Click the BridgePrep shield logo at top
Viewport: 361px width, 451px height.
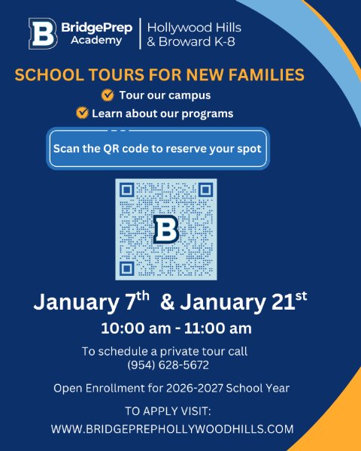click(42, 34)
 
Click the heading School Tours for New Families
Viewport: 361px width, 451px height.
click(159, 75)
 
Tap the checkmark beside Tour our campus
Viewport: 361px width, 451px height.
click(108, 95)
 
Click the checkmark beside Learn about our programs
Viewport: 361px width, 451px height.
click(83, 114)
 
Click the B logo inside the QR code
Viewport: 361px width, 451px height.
click(165, 229)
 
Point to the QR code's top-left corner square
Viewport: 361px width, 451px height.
click(127, 190)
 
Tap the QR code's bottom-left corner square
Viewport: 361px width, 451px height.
click(127, 268)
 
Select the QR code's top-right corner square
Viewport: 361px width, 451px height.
click(205, 190)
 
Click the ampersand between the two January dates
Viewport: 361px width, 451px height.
click(168, 303)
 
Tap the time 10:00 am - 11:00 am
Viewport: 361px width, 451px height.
click(177, 328)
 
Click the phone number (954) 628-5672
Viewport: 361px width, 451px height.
click(168, 365)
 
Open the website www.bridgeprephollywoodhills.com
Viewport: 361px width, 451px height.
click(172, 429)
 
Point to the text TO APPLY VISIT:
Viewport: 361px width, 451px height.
click(168, 411)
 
